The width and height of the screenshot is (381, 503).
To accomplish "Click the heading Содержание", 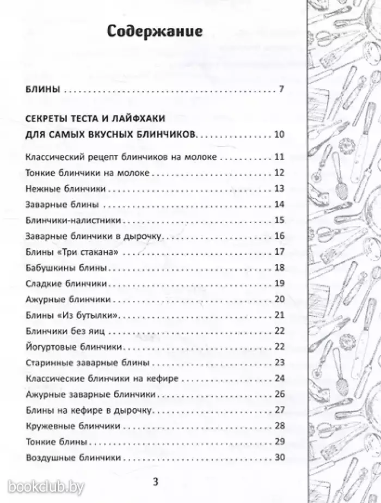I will (x=155, y=31).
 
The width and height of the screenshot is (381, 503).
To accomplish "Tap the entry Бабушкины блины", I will (x=65, y=268).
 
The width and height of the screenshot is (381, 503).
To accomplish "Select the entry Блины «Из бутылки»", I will (x=72, y=315).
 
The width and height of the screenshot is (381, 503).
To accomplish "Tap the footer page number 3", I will (x=155, y=482).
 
